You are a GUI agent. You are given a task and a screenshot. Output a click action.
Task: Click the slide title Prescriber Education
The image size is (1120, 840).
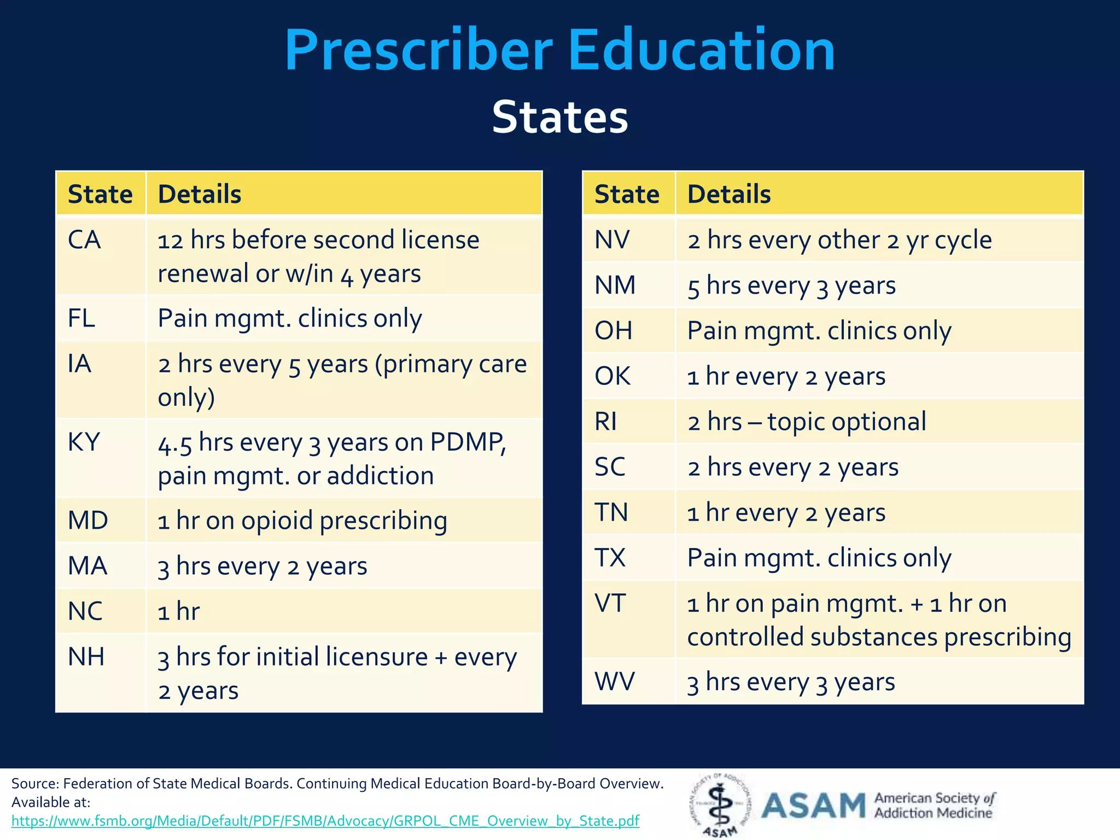pyautogui.click(x=559, y=50)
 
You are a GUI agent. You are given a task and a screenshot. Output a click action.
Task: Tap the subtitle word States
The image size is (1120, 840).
pyautogui.click(x=559, y=117)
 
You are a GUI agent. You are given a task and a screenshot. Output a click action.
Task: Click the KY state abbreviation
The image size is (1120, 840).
pyautogui.click(x=84, y=442)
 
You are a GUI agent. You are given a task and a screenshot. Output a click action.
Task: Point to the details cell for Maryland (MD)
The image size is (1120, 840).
pyautogui.click(x=302, y=521)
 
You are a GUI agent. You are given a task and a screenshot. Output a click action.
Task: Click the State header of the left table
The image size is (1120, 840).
pyautogui.click(x=100, y=194)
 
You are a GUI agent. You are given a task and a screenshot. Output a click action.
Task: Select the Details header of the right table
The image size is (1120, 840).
pyautogui.click(x=729, y=194)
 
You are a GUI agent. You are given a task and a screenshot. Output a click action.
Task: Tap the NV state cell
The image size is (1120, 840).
pyautogui.click(x=612, y=240)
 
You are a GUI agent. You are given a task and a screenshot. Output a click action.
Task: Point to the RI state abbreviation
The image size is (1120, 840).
pyautogui.click(x=606, y=422)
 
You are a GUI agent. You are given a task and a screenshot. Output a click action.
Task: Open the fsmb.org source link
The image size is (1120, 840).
pyautogui.click(x=325, y=821)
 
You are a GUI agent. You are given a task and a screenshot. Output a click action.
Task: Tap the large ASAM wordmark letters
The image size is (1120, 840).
pyautogui.click(x=814, y=806)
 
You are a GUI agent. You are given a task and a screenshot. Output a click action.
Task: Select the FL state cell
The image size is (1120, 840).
pyautogui.click(x=81, y=318)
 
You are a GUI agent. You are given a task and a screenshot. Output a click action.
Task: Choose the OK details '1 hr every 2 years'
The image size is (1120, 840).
pyautogui.click(x=786, y=377)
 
